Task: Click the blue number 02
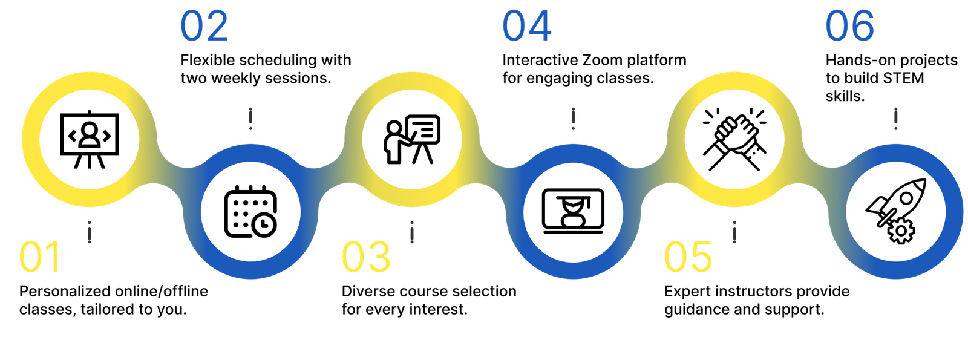pyautogui.click(x=204, y=27)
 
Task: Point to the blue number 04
pyautogui.click(x=527, y=27)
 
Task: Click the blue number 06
pyautogui.click(x=849, y=27)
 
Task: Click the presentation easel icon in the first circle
pyautogui.click(x=90, y=139)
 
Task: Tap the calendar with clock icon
pyautogui.click(x=250, y=212)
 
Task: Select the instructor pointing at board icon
pyautogui.click(x=412, y=139)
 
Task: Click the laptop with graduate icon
pyautogui.click(x=573, y=211)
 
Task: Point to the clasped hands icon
pyautogui.click(x=734, y=139)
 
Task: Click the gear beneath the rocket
pyautogui.click(x=901, y=231)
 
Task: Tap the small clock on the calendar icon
pyautogui.click(x=264, y=224)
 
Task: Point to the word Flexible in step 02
pyautogui.click(x=208, y=60)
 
